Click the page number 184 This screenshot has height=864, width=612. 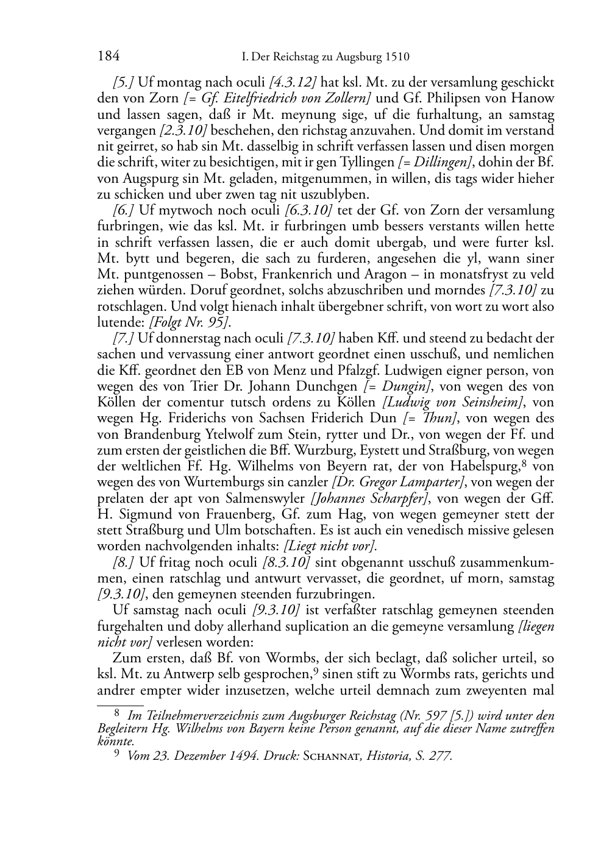coord(108,57)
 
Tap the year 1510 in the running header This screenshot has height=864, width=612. coord(397,57)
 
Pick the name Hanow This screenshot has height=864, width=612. coord(533,98)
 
